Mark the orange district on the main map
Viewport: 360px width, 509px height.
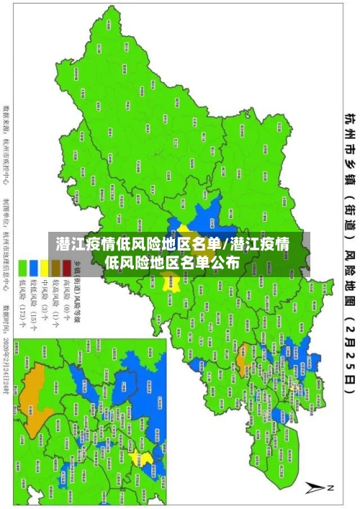click(243, 333)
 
